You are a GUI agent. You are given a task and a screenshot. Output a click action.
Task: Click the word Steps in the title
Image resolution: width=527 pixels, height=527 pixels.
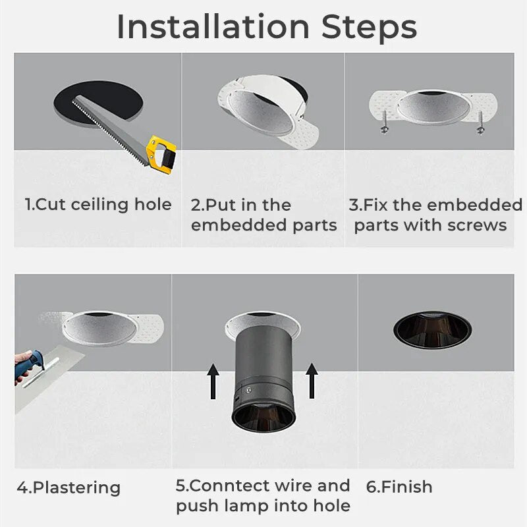(x=369, y=27)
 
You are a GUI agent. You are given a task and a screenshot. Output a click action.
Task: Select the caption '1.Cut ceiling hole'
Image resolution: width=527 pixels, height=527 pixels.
(x=98, y=204)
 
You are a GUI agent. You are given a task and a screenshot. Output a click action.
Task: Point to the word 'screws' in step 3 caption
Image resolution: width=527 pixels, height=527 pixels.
(x=474, y=225)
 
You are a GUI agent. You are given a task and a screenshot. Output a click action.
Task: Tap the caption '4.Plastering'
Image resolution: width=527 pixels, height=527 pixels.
(x=69, y=488)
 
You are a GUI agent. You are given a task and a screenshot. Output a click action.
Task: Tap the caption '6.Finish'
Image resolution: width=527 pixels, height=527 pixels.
(x=399, y=487)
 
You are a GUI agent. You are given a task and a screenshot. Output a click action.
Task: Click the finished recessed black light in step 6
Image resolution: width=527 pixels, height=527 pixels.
(x=432, y=328)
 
